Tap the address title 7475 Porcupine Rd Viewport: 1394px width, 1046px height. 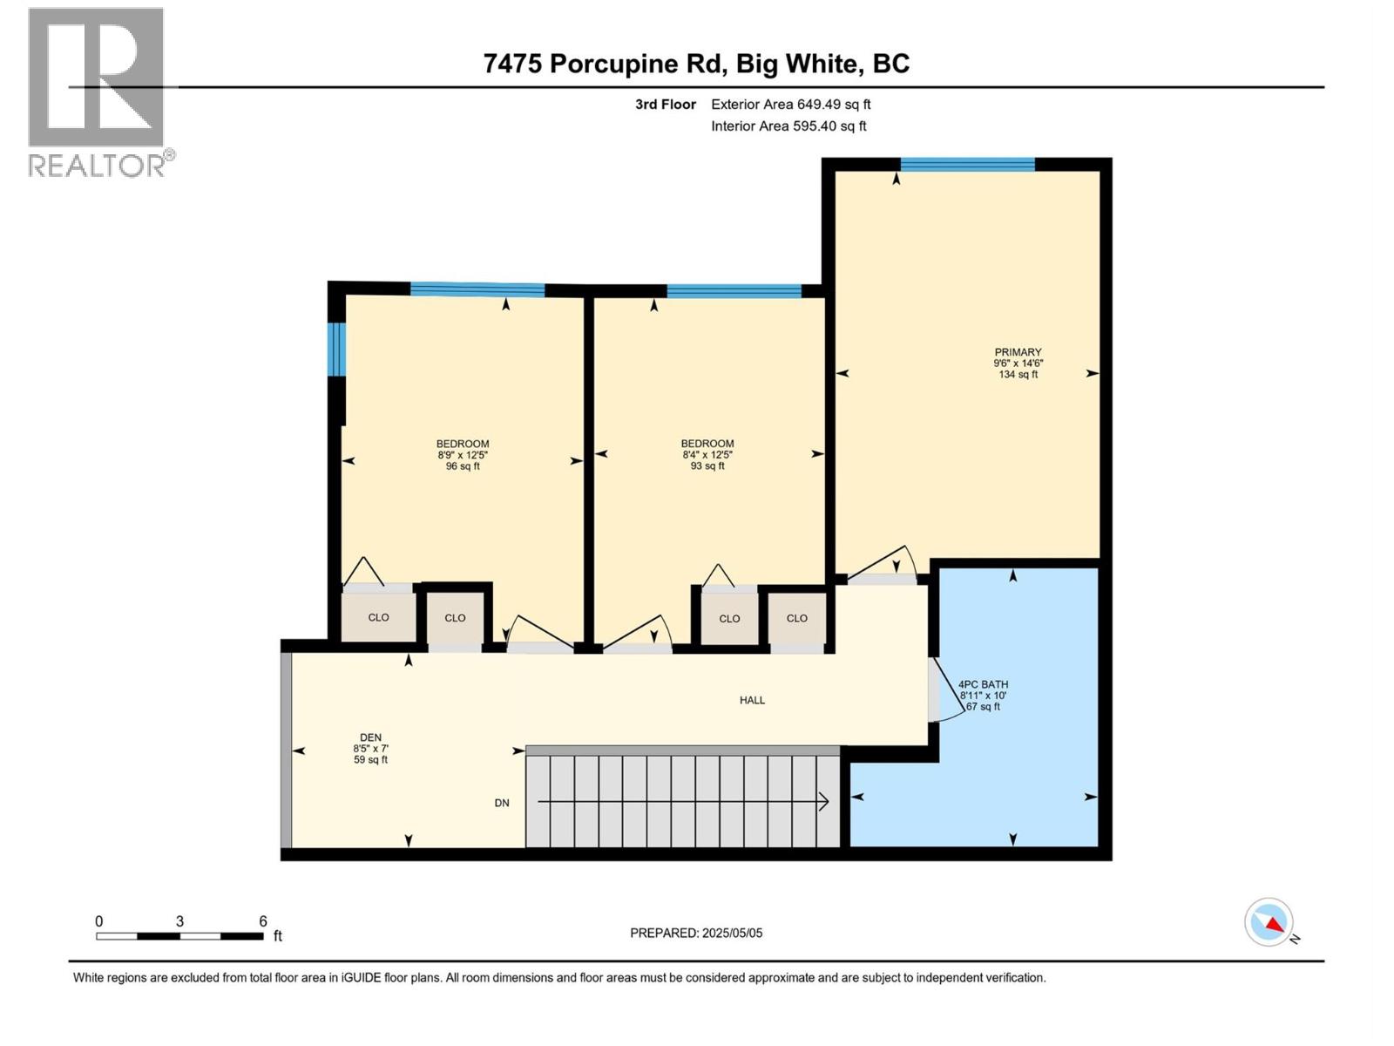tap(696, 64)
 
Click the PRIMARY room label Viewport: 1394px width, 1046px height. tap(1018, 352)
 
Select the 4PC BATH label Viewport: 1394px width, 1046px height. tap(983, 685)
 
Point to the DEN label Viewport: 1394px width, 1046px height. tap(370, 737)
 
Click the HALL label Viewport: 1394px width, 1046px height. tap(752, 700)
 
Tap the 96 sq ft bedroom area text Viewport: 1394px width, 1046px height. tap(463, 466)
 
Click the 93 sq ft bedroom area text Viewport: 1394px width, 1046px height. tap(707, 466)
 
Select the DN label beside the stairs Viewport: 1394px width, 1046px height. tap(502, 803)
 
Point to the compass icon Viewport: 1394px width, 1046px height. tap(1269, 922)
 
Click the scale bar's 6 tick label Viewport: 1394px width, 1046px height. tap(262, 921)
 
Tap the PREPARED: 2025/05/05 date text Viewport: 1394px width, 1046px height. tap(696, 933)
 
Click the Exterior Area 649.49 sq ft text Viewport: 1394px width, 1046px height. tap(790, 105)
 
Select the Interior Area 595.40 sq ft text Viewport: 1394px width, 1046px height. tap(788, 126)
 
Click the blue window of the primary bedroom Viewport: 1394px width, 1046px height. tap(967, 164)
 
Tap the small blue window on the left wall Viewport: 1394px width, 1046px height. tap(336, 349)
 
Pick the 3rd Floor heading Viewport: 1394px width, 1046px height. tap(666, 105)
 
